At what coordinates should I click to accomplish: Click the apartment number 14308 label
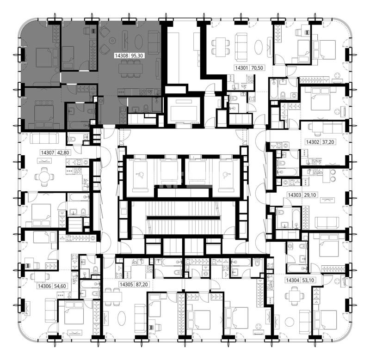pos(122,56)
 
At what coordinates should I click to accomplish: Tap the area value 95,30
pos(137,56)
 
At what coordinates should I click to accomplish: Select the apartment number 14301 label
pos(241,68)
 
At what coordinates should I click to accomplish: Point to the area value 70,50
pos(257,68)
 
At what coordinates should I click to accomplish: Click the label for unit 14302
pos(313,142)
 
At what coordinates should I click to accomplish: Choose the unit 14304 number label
pos(292,281)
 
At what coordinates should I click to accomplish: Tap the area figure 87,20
pos(142,285)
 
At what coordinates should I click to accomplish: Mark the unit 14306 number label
pos(44,286)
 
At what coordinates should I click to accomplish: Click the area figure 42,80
pos(63,153)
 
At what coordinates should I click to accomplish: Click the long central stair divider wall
pos(183,218)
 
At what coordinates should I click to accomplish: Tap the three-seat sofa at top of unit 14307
pos(44,138)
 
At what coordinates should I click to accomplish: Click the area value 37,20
pos(328,142)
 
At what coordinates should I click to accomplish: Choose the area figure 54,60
pos(60,286)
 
